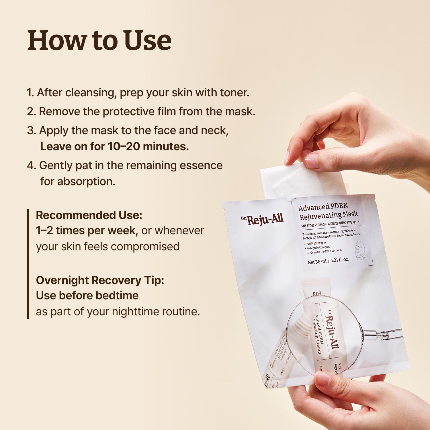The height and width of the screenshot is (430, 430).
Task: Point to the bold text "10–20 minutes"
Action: (148, 146)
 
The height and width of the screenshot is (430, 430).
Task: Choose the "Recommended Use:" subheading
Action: (89, 215)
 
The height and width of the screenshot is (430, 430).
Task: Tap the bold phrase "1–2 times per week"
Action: (87, 230)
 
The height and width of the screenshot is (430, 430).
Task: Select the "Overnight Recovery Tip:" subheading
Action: (100, 280)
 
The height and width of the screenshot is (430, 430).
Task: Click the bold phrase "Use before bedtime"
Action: (87, 296)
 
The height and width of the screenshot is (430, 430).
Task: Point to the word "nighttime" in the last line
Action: (136, 312)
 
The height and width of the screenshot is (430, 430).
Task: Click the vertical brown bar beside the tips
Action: (28, 264)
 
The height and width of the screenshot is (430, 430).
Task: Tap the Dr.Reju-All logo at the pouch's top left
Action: (262, 219)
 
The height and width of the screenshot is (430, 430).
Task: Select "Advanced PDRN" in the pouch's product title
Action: (323, 207)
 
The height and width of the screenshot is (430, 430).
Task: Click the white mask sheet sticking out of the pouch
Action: (301, 181)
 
